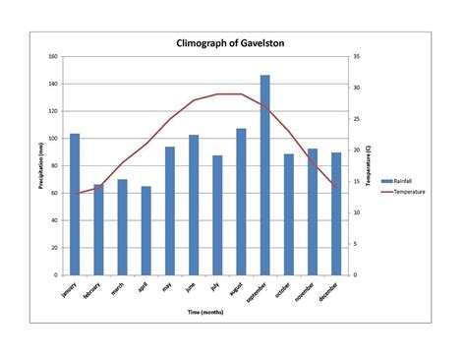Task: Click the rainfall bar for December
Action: [336, 213]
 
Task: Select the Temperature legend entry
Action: [404, 192]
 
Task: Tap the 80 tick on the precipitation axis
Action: [53, 166]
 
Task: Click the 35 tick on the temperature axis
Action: [355, 57]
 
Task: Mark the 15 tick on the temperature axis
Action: [355, 212]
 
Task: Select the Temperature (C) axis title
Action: [367, 166]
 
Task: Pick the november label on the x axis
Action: [307, 293]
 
